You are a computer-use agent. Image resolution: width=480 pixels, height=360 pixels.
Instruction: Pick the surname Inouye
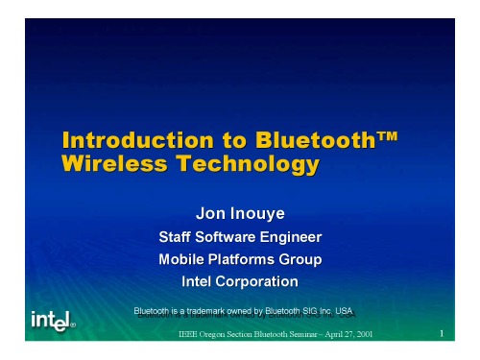click(x=262, y=211)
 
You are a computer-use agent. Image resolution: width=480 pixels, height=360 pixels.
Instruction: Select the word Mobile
click(x=182, y=259)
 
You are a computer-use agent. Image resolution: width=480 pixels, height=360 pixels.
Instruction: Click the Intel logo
click(x=55, y=318)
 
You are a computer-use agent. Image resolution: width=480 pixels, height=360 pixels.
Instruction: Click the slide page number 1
click(x=437, y=333)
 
